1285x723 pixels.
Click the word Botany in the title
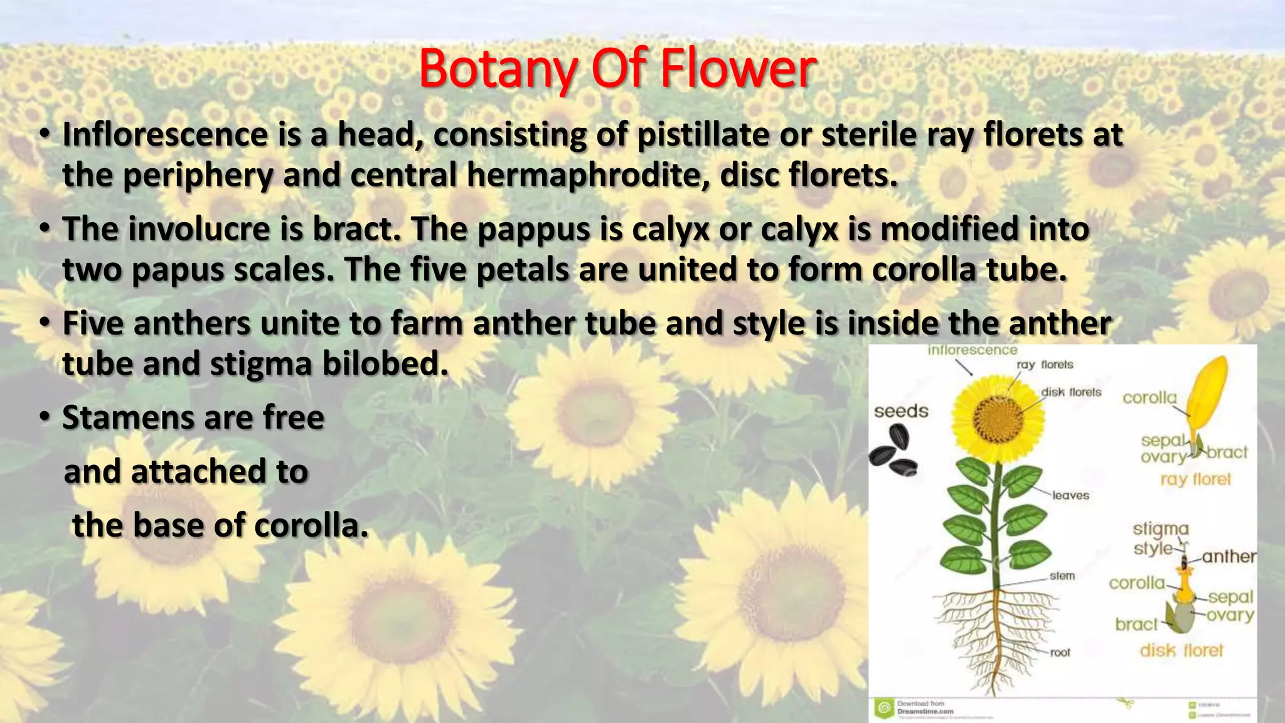(x=498, y=69)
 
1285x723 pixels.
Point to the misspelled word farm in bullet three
(x=426, y=324)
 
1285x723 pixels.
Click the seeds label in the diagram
(x=901, y=412)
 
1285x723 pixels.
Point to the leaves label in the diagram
(x=1070, y=495)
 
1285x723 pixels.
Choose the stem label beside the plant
(x=1062, y=576)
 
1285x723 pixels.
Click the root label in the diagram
(x=1060, y=653)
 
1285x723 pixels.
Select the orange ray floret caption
(x=1195, y=479)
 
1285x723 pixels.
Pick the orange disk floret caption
(x=1181, y=651)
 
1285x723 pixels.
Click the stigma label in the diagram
(x=1160, y=529)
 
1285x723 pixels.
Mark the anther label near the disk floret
(x=1229, y=557)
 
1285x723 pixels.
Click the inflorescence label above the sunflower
(x=972, y=350)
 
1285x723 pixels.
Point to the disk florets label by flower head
(x=1071, y=392)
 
